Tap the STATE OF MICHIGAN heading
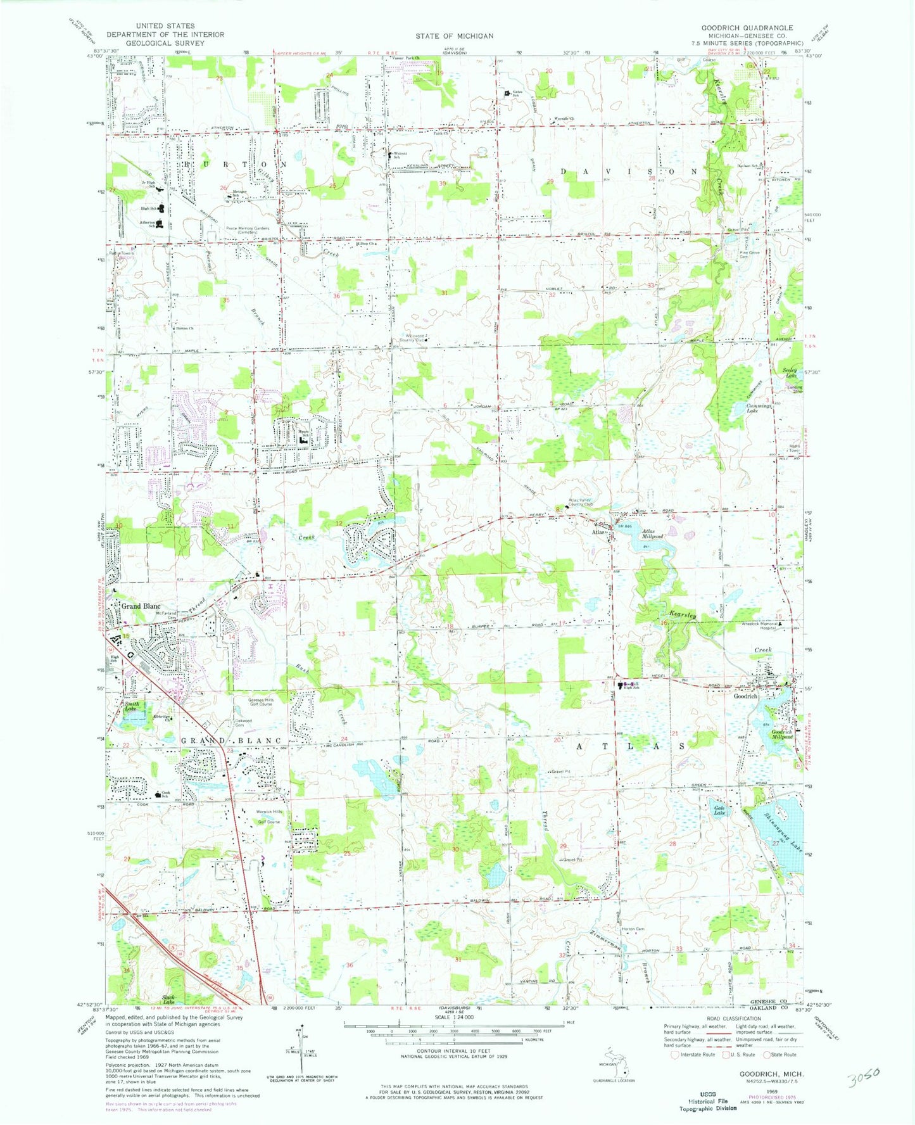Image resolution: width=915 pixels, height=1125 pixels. click(454, 36)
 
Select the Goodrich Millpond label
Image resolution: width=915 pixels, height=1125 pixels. click(782, 735)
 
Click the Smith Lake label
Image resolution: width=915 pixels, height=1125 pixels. click(130, 706)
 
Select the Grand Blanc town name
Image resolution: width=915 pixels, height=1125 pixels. click(141, 606)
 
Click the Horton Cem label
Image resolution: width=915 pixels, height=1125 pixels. click(633, 929)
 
